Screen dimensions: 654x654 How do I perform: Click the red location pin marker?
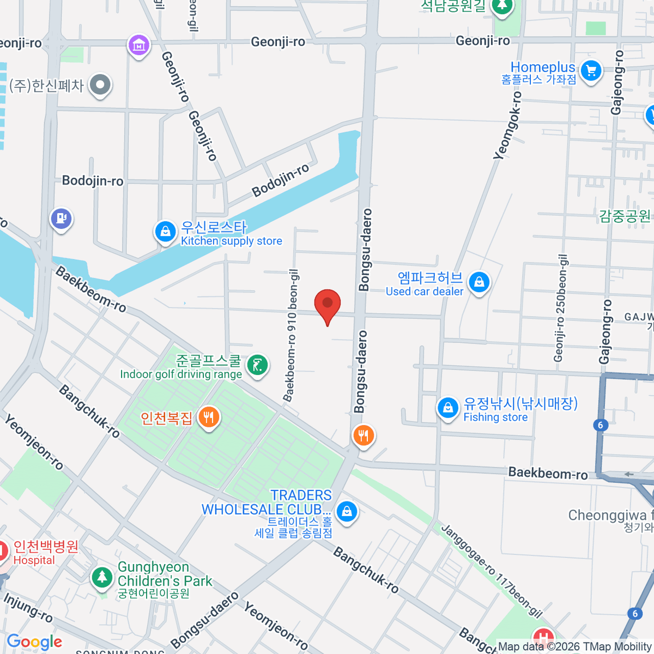pyautogui.click(x=328, y=304)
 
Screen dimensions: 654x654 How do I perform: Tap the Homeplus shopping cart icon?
pyautogui.click(x=591, y=70)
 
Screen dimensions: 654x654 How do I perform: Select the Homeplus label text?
pyautogui.click(x=543, y=68)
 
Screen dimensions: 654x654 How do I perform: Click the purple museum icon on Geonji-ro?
pyautogui.click(x=139, y=45)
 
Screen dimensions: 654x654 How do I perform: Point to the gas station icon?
pyautogui.click(x=61, y=219)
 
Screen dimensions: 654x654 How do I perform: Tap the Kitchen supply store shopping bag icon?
pyautogui.click(x=165, y=232)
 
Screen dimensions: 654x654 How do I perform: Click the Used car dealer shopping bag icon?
pyautogui.click(x=479, y=282)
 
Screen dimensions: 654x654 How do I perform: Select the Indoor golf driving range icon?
pyautogui.click(x=258, y=365)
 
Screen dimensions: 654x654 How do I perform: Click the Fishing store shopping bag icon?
pyautogui.click(x=448, y=408)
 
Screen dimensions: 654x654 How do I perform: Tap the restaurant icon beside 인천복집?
pyautogui.click(x=209, y=418)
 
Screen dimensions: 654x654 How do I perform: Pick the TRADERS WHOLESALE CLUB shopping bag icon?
pyautogui.click(x=347, y=512)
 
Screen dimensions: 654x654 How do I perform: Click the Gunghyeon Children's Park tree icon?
pyautogui.click(x=101, y=577)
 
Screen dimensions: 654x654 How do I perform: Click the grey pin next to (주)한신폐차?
pyautogui.click(x=100, y=85)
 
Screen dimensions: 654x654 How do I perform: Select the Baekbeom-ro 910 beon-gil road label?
pyautogui.click(x=292, y=335)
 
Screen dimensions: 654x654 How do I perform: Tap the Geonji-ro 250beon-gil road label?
pyautogui.click(x=560, y=308)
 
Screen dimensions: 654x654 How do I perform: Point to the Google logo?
pyautogui.click(x=34, y=641)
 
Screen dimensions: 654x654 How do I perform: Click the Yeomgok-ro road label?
pyautogui.click(x=508, y=125)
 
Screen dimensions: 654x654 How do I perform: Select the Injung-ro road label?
pyautogui.click(x=28, y=608)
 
